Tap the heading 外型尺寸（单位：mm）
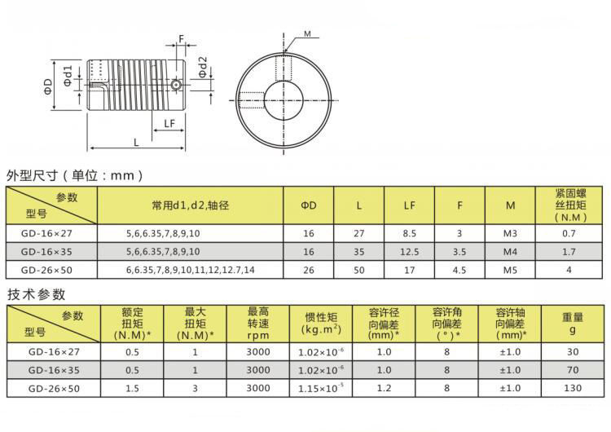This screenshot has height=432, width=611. (75, 175)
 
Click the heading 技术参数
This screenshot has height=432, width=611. (36, 294)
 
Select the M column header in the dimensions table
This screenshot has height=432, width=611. (510, 205)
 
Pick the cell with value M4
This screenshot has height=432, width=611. (510, 251)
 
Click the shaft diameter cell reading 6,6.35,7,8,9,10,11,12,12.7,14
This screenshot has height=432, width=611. (190, 269)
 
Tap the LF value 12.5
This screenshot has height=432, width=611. (410, 251)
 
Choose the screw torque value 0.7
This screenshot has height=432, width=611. (568, 233)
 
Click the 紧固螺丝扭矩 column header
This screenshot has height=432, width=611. (568, 205)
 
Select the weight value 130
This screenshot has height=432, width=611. (572, 388)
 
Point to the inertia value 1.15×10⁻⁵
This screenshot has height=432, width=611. (323, 388)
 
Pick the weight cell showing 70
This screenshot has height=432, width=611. (572, 370)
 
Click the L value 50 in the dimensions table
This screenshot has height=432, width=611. (359, 269)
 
